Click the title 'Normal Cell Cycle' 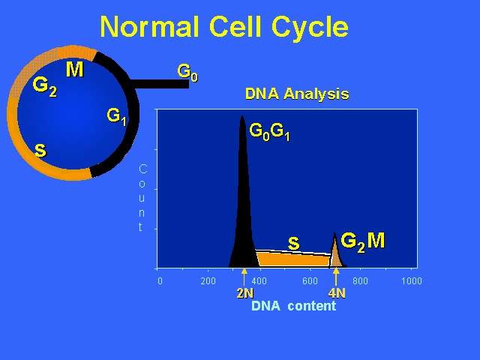click(x=224, y=27)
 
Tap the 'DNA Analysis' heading click(x=297, y=94)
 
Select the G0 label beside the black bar click(x=187, y=73)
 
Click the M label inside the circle click(x=75, y=69)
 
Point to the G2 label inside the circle click(x=45, y=87)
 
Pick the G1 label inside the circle click(x=116, y=117)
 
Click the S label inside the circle click(x=40, y=150)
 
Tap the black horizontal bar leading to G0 click(x=159, y=84)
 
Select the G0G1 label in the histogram click(x=269, y=132)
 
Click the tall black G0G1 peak click(x=243, y=214)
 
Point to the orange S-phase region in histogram click(x=293, y=259)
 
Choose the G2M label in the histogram click(x=363, y=242)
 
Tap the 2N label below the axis click(x=245, y=293)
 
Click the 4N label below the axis click(x=337, y=293)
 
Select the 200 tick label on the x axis click(x=208, y=281)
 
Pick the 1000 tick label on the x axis click(x=412, y=281)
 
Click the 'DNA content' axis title click(x=293, y=306)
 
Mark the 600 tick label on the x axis click(x=310, y=281)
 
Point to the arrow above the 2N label click(x=244, y=277)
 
